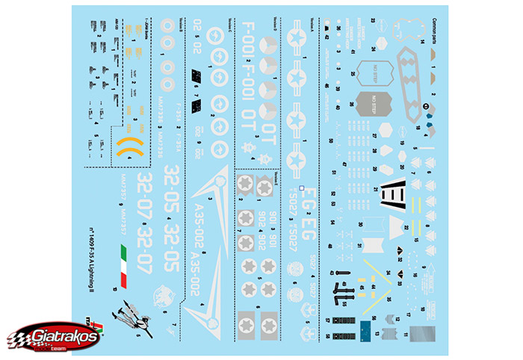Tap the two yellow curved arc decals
[129, 145]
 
